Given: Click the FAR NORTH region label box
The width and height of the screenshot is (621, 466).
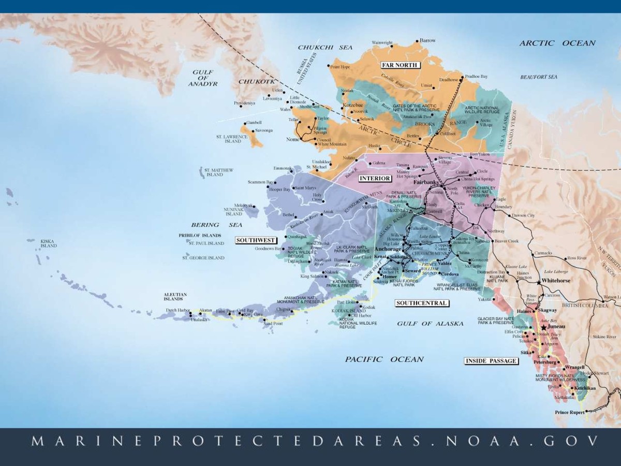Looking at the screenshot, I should pos(400,65).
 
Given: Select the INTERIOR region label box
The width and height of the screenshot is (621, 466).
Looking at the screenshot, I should pos(375,178).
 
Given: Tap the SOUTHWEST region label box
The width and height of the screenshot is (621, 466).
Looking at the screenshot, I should pos(256,240).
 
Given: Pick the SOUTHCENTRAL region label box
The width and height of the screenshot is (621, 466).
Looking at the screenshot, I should pos(421,303).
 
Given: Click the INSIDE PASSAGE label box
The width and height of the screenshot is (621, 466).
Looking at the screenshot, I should pos(491,360).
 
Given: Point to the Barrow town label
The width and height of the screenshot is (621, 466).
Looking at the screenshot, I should pos(427,40).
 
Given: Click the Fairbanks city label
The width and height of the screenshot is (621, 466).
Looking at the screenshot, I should pos(426,183).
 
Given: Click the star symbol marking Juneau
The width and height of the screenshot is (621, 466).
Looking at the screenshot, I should pos(543,328).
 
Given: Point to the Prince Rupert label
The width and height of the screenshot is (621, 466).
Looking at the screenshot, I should pos(569,413).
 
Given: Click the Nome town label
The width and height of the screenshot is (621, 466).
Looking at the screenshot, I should pos(293,140).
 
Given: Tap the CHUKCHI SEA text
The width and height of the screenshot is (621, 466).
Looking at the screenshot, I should pos(325,48).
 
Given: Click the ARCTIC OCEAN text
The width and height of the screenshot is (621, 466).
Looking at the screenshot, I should pos(557,43).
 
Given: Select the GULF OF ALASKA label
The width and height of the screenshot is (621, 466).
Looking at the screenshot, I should pos(430,324).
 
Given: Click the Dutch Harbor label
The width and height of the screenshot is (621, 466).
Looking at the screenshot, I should pos(178,310).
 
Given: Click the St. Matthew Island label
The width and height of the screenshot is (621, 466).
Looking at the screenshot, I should pos(218,172).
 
